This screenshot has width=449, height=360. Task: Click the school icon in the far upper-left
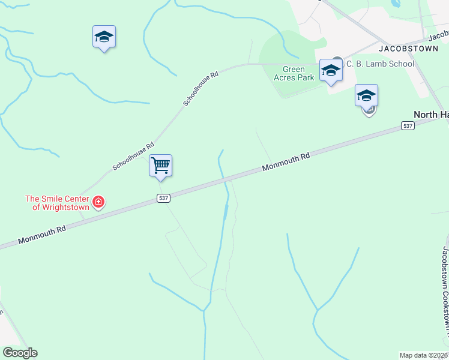[x=104, y=37]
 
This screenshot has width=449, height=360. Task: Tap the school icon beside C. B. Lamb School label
[x=330, y=70]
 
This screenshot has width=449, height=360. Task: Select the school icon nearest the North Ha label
[x=366, y=95]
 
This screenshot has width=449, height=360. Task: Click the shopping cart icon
[x=160, y=166]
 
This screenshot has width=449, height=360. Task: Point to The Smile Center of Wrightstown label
[x=57, y=203]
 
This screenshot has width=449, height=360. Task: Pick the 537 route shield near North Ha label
[x=408, y=126]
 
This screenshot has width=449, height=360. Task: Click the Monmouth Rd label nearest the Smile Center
[x=41, y=235]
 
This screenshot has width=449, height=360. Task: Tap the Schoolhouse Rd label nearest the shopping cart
[x=133, y=156]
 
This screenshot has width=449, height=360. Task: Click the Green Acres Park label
[x=294, y=73]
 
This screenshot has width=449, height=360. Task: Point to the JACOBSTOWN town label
[x=408, y=48]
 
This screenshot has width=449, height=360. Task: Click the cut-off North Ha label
[x=431, y=115]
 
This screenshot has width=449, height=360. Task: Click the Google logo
[x=20, y=353]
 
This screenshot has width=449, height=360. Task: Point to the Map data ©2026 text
[x=423, y=355]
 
